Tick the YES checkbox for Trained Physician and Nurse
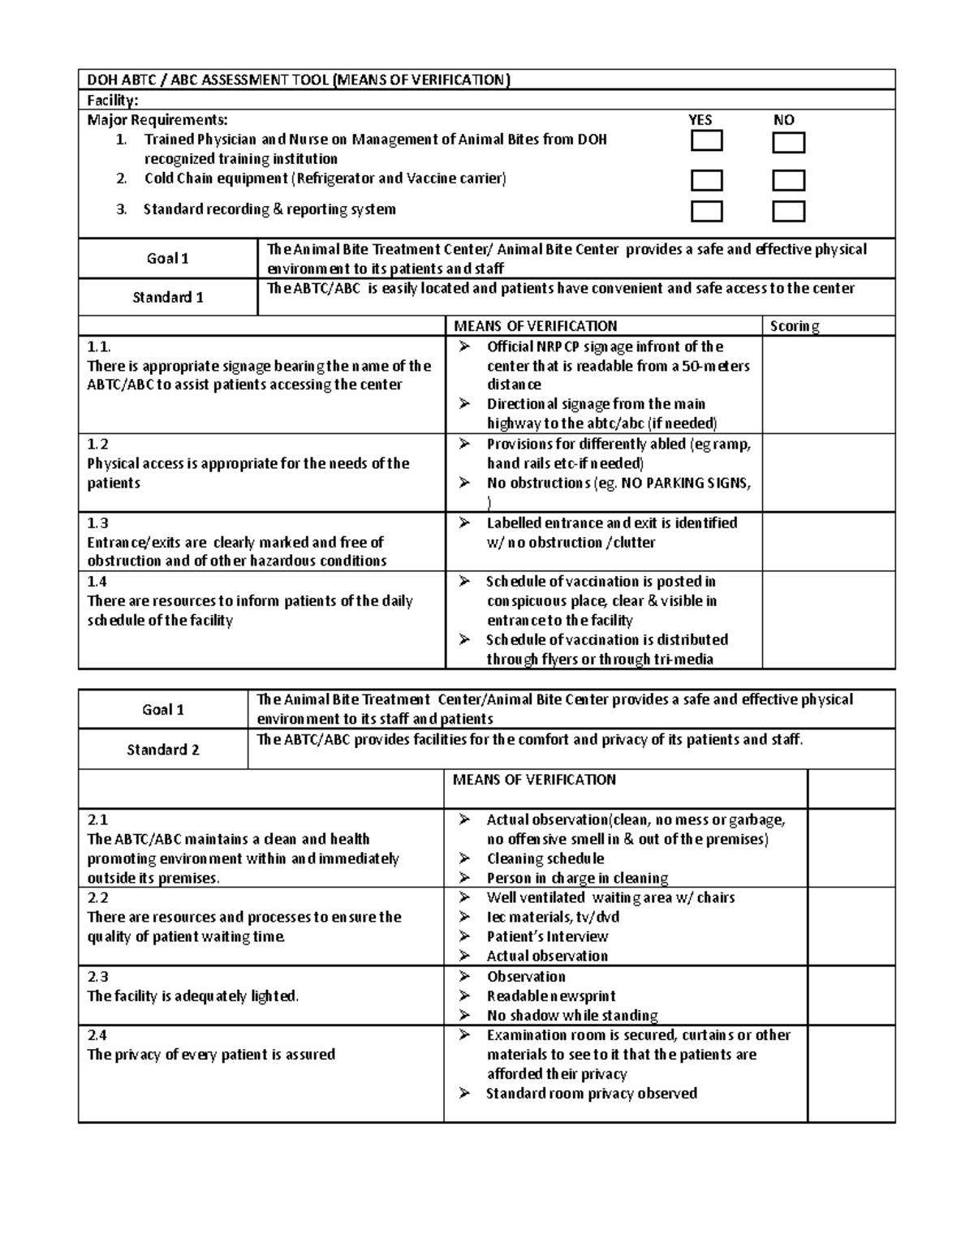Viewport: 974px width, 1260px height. pos(706,142)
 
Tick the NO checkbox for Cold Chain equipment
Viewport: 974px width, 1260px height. pos(788,180)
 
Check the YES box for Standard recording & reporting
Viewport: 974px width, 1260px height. pos(706,211)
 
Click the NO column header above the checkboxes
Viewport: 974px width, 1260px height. pos(783,120)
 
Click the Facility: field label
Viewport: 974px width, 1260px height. pos(113,100)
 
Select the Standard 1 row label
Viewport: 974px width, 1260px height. pos(167,297)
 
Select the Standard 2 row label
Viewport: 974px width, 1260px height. pos(163,750)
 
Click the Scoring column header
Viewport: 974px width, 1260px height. pos(794,326)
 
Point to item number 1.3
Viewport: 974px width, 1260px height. pos(97,523)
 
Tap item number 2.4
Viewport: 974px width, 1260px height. pos(97,1035)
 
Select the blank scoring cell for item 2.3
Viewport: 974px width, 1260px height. pos(851,996)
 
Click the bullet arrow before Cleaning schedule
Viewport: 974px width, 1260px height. pos(464,858)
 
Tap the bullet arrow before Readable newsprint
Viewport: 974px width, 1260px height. pos(464,996)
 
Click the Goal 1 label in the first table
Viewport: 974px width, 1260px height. pos(167,259)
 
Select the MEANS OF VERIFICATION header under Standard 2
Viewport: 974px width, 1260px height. pos(534,780)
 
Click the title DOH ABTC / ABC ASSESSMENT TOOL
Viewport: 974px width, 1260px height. pos(206,80)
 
